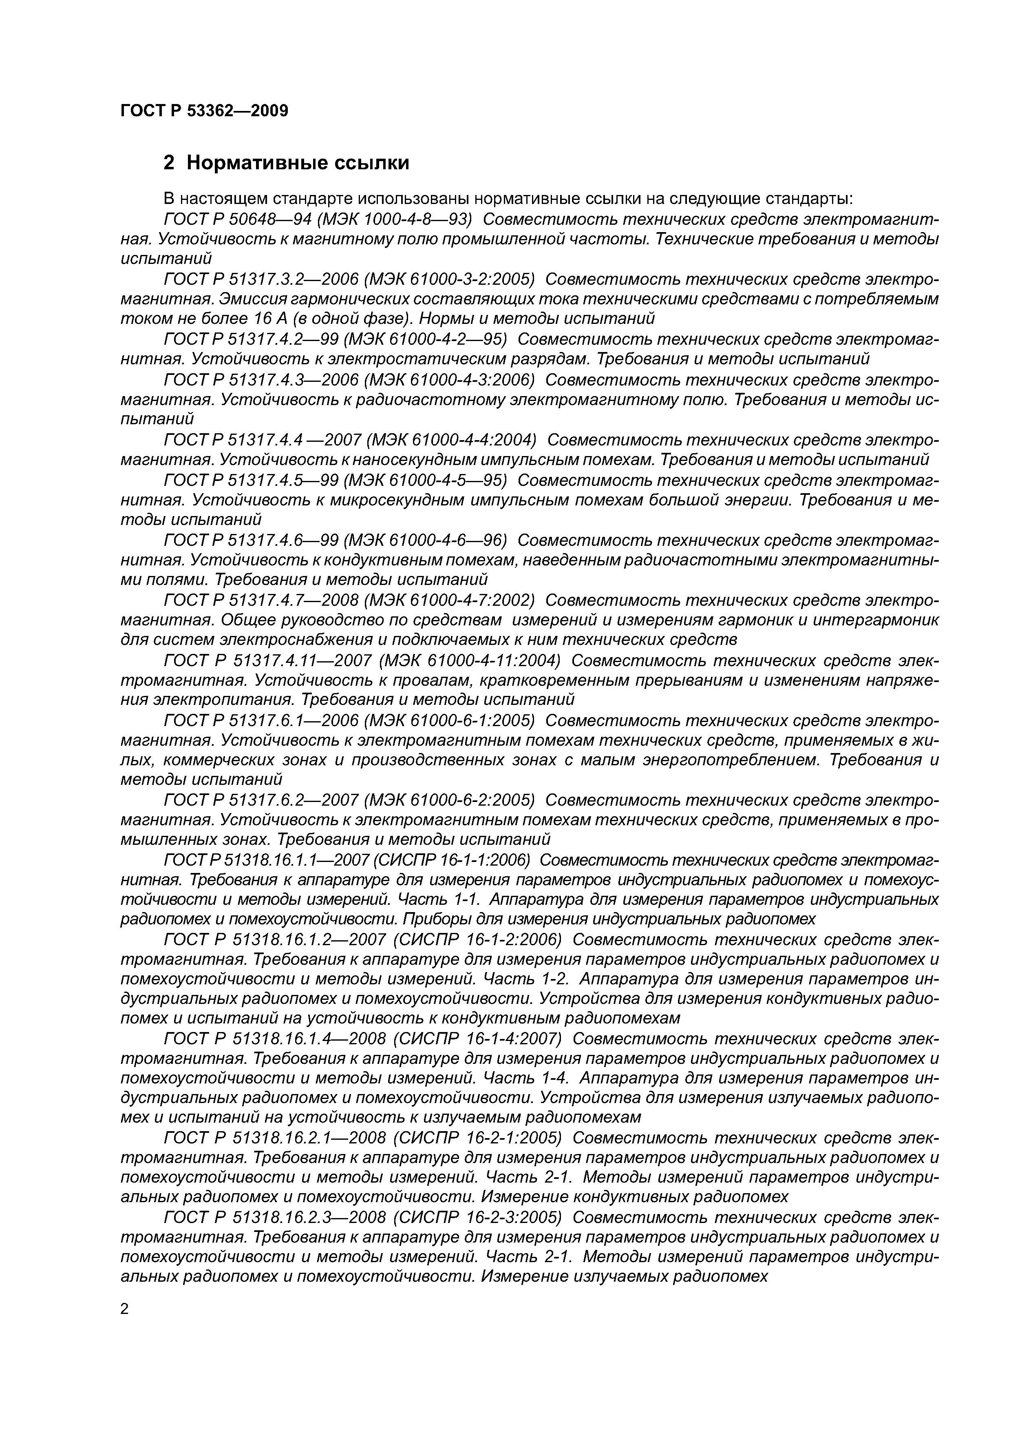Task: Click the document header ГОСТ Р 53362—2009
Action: pyautogui.click(x=204, y=111)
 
